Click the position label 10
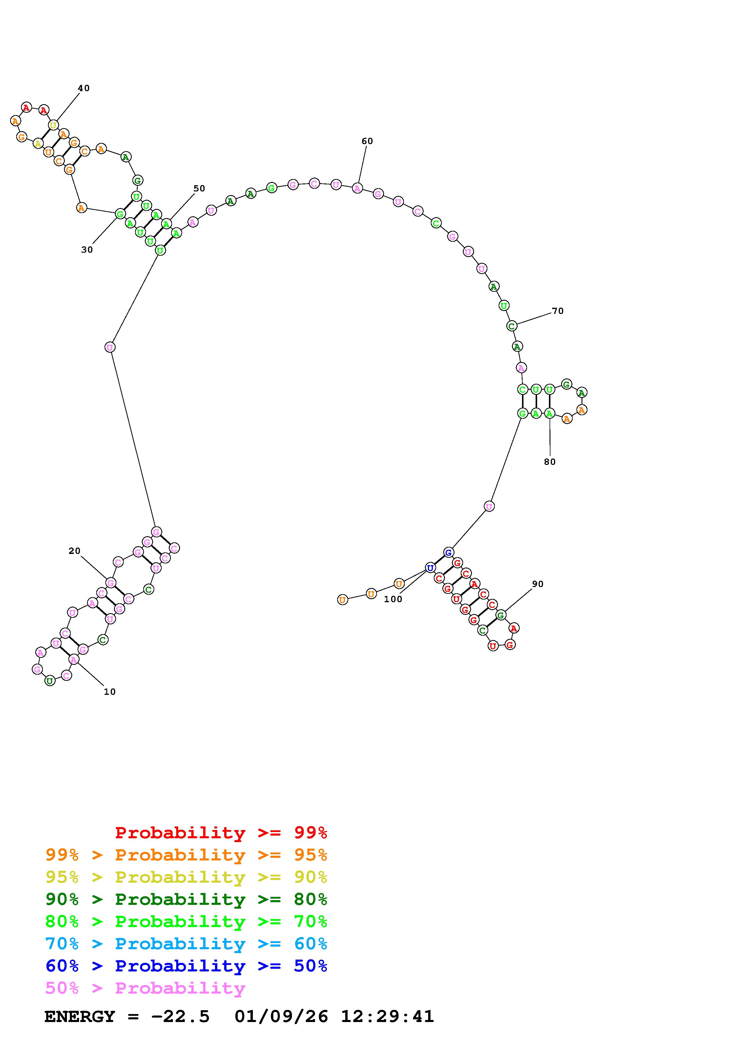point(110,692)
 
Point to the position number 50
point(199,188)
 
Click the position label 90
point(538,584)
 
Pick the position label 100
point(393,599)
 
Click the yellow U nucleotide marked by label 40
point(53,125)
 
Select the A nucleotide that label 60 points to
point(357,188)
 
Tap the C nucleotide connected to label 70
point(512,326)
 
